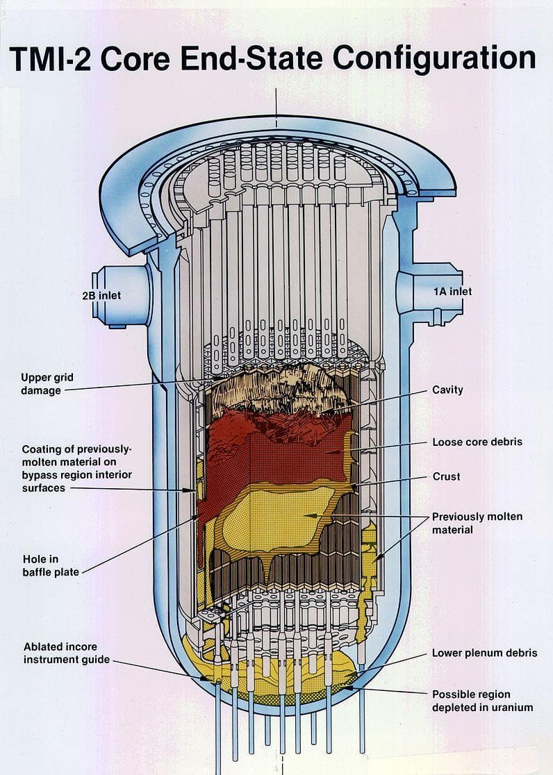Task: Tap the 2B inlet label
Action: click(101, 295)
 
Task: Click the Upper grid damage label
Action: click(47, 384)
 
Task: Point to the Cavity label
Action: click(447, 390)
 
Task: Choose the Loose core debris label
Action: click(477, 442)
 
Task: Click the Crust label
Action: click(446, 476)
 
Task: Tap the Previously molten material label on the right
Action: click(477, 523)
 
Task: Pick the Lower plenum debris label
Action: click(484, 653)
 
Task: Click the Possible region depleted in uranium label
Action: click(482, 701)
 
